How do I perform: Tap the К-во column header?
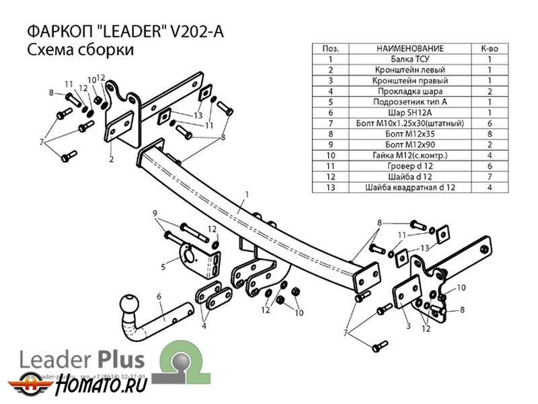(x=488, y=49)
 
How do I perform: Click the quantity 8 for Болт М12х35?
(x=488, y=134)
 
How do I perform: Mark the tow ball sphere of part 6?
(x=128, y=305)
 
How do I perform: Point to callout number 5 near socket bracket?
(x=163, y=267)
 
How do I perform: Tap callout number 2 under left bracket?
(x=111, y=160)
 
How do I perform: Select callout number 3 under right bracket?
(x=408, y=326)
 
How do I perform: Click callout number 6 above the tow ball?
(x=159, y=295)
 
